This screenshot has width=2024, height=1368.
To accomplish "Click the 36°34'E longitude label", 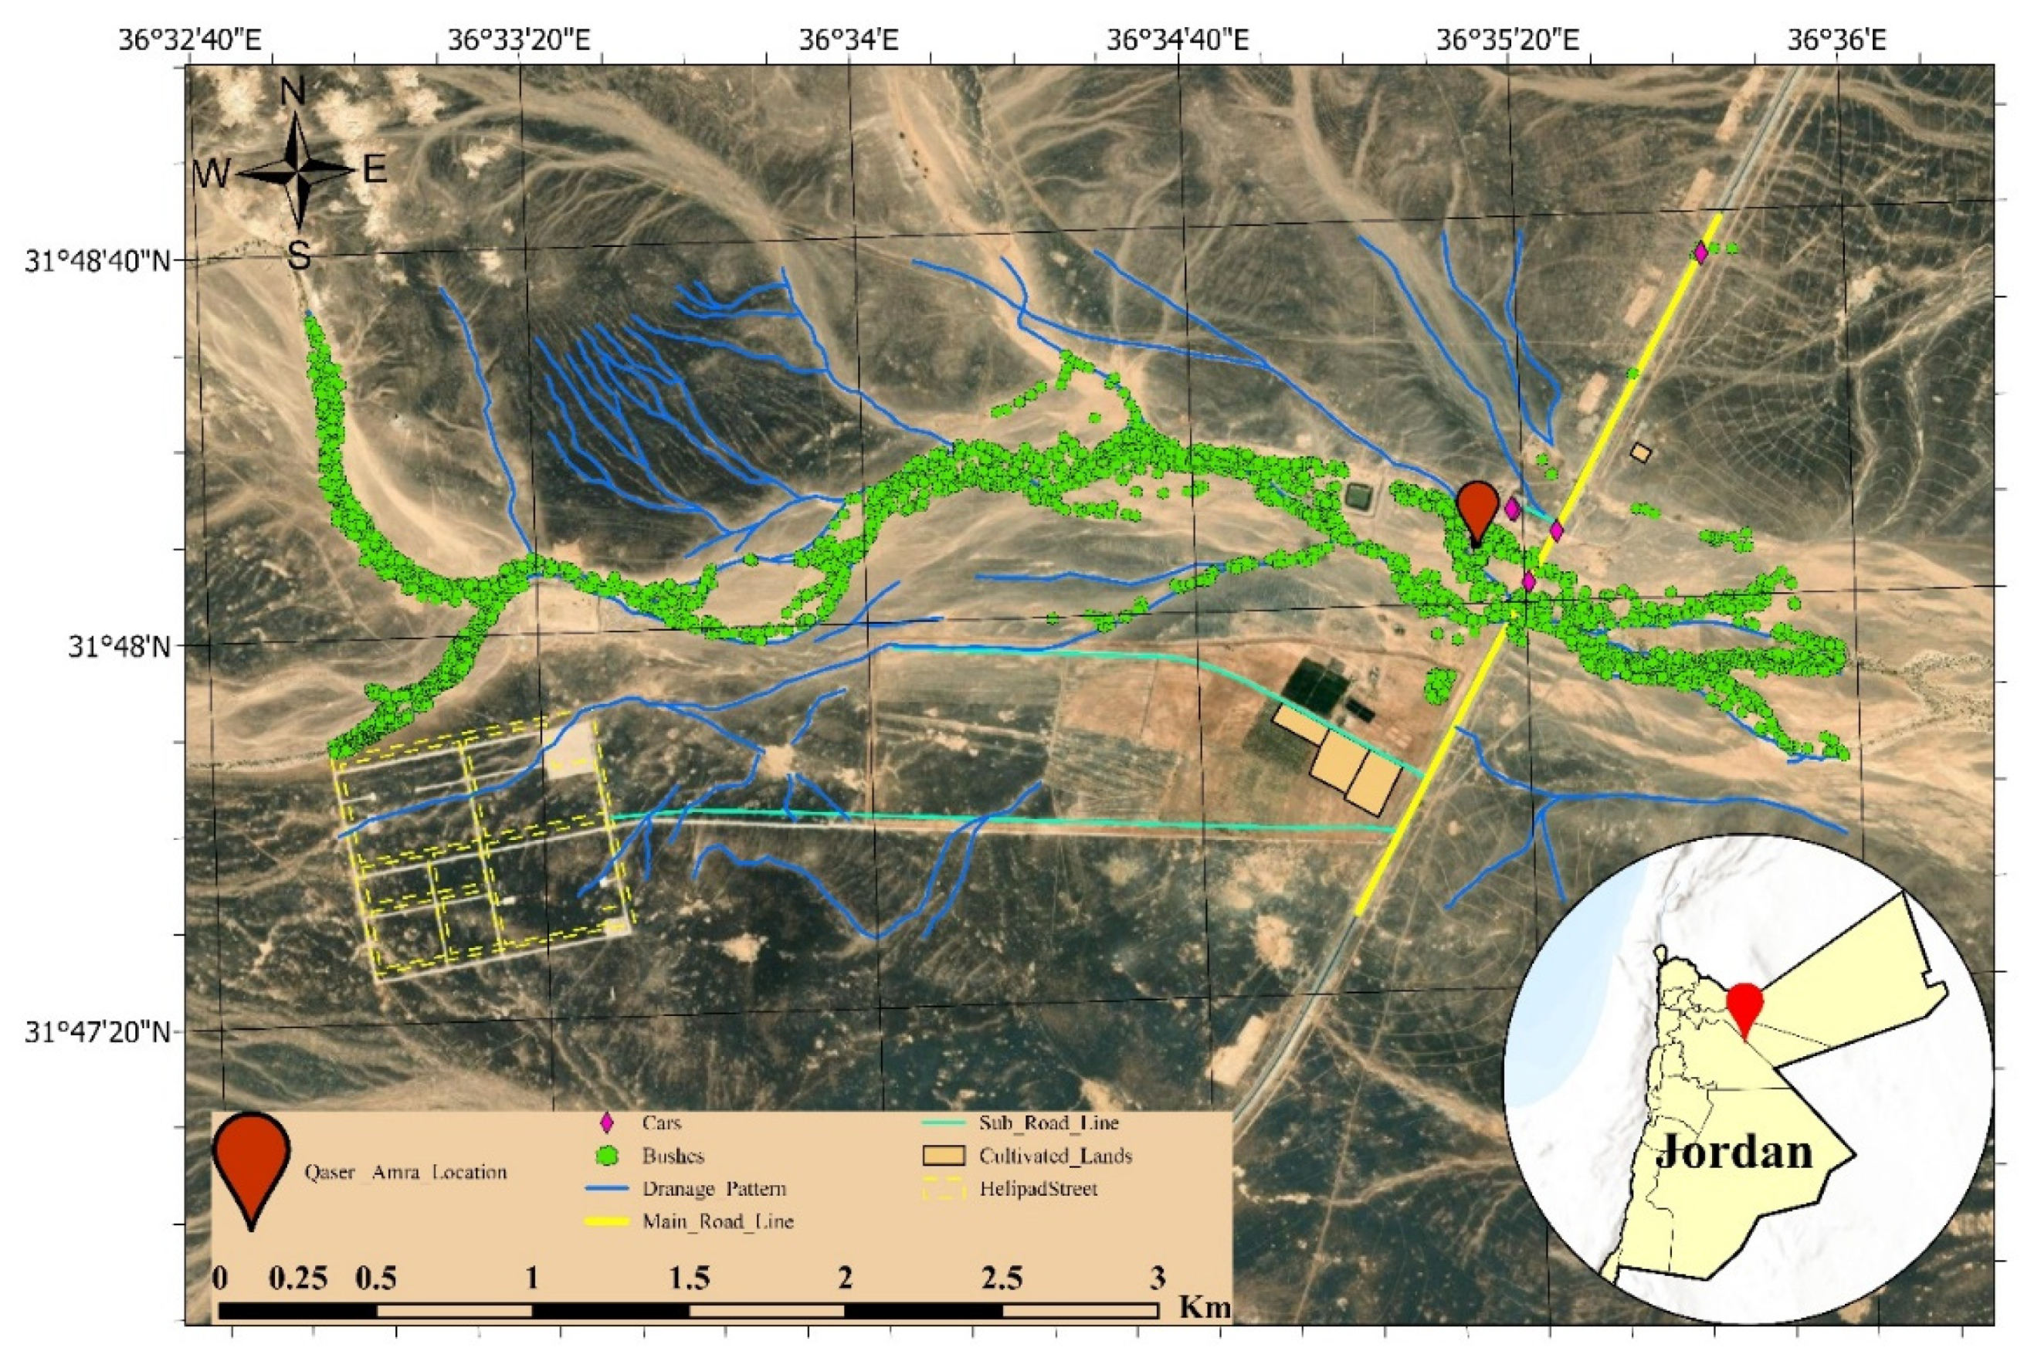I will click(x=850, y=40).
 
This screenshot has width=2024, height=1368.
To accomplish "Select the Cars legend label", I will click(x=662, y=1123).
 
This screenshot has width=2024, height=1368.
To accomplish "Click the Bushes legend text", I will click(x=673, y=1156).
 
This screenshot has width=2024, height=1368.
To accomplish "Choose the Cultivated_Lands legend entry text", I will click(x=1055, y=1156).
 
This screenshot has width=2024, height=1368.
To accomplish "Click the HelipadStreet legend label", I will click(x=1038, y=1189).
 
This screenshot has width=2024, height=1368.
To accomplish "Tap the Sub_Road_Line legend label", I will click(x=1049, y=1123).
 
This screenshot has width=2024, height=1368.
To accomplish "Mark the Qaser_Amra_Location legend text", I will click(x=405, y=1172).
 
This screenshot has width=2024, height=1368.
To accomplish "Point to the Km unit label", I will click(x=1205, y=1306).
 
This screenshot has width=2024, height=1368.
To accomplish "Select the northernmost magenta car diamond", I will click(x=1701, y=252).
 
